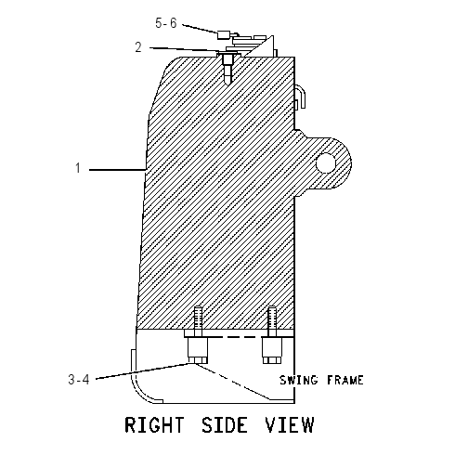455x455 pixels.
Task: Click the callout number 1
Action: [x=78, y=168]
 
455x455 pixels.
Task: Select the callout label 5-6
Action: [x=166, y=23]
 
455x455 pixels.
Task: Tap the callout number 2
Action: [x=138, y=47]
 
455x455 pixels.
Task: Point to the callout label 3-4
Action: [x=79, y=380]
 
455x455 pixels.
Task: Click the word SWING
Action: [x=299, y=380]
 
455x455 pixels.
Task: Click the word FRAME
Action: [x=345, y=380]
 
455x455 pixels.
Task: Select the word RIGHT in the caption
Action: [x=154, y=424]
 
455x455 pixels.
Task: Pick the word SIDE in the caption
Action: [x=225, y=424]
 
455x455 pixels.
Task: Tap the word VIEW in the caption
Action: [x=290, y=424]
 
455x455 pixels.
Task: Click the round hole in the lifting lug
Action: [x=326, y=162]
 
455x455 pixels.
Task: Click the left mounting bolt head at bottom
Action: [x=197, y=350]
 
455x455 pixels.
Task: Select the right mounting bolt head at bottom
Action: [x=272, y=350]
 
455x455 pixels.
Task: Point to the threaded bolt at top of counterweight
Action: [x=227, y=68]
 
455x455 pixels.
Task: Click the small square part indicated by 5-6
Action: [x=224, y=34]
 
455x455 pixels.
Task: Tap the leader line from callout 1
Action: [x=118, y=170]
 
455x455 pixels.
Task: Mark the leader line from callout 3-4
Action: [x=145, y=371]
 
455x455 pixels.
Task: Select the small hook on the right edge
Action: [x=301, y=97]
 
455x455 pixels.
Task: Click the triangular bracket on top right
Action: [x=262, y=47]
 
